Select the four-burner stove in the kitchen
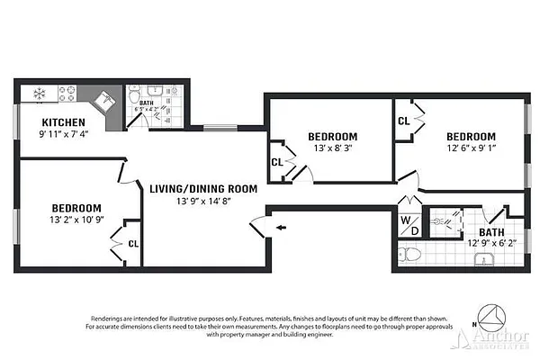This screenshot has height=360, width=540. click(x=69, y=92)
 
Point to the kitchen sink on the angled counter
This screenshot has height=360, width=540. click(x=105, y=100)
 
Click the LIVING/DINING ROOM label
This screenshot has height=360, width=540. click(x=202, y=189)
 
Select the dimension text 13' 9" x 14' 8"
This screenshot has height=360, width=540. click(x=202, y=202)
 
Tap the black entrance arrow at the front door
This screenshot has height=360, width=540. click(x=281, y=228)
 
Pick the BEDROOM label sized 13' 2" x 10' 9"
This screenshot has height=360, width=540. click(x=75, y=206)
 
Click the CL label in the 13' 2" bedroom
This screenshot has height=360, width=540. click(x=132, y=242)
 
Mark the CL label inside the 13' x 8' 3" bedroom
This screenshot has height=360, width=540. click(x=276, y=163)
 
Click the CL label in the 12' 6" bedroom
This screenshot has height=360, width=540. click(x=404, y=121)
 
